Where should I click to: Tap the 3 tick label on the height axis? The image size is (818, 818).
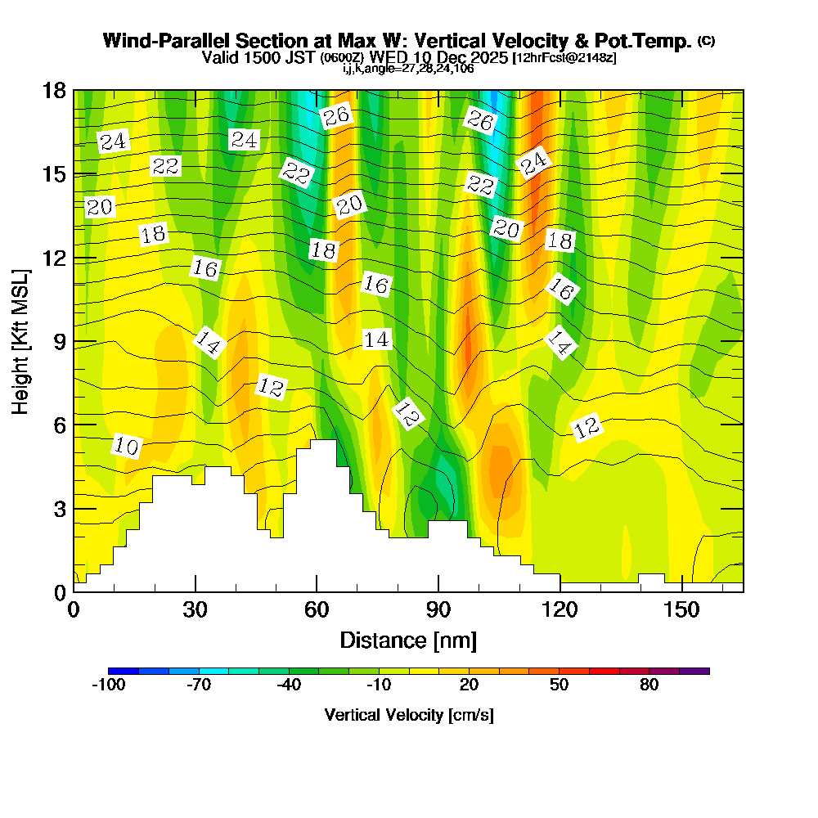[59, 509]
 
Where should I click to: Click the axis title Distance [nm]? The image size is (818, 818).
[408, 640]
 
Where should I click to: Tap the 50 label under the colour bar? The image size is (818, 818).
[560, 685]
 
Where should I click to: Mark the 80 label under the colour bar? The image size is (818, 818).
[649, 685]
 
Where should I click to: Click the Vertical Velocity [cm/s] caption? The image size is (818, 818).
[408, 715]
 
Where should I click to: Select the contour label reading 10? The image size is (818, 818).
[127, 446]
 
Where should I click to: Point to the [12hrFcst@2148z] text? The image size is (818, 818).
[564, 58]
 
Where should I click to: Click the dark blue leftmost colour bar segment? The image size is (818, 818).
[123, 671]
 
